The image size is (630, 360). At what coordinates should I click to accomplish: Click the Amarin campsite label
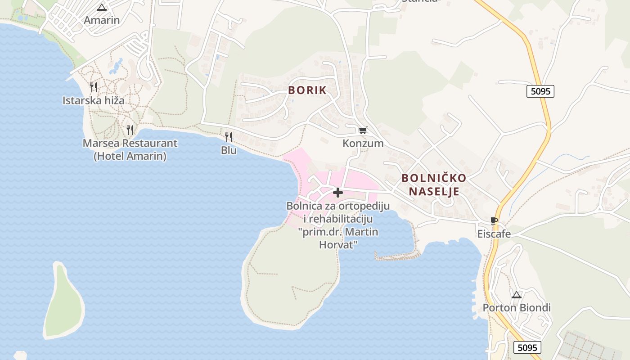coord(102,20)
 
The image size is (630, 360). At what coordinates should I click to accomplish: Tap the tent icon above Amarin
coord(102,7)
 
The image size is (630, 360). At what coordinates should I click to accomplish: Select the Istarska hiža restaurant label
coord(94,100)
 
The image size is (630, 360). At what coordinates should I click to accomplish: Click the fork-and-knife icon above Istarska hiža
coord(94,87)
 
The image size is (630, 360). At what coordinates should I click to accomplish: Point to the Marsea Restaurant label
coord(130,144)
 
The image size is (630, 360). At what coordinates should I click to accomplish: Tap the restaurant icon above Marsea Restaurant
coord(130,130)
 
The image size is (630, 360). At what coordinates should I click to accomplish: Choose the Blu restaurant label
coord(229,150)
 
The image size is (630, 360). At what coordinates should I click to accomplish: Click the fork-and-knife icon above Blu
coord(229,137)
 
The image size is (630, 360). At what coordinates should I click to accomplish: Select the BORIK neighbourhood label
coord(307,90)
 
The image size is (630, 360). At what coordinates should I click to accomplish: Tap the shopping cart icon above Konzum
coord(363,130)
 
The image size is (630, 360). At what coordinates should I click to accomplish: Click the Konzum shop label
coord(363,144)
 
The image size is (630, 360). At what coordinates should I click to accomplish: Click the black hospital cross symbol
coord(338,193)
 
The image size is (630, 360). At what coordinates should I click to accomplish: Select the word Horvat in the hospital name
coord(338,245)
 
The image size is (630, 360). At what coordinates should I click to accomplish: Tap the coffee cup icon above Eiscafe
coord(494,220)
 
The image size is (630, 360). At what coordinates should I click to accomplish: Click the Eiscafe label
coord(494,234)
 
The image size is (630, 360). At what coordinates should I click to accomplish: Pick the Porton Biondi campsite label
coord(517,308)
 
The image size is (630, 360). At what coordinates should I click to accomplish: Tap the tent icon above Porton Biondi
coord(517,295)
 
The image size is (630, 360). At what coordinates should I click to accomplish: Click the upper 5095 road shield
coord(540,91)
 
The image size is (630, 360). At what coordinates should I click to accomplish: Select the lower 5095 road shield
coord(527,347)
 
